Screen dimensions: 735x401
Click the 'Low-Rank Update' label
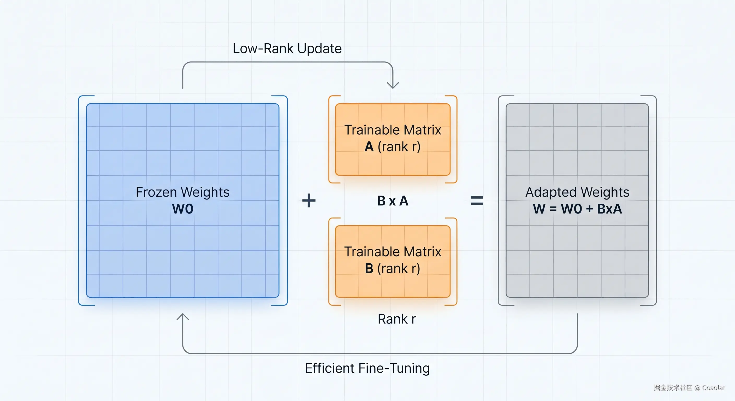click(287, 49)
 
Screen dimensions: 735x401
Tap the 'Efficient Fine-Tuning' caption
click(367, 368)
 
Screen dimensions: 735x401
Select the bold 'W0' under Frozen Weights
click(183, 209)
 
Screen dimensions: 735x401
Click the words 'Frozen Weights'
click(183, 192)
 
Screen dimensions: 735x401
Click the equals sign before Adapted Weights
click(477, 201)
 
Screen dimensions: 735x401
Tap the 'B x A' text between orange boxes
click(393, 201)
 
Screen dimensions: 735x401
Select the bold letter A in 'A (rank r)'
click(369, 147)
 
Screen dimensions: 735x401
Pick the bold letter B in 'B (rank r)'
click(369, 269)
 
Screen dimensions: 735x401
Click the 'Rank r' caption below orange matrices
click(397, 319)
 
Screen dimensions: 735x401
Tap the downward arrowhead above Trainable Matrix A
click(393, 85)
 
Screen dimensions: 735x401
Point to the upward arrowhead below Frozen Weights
click(183, 317)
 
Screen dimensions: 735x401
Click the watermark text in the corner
click(689, 387)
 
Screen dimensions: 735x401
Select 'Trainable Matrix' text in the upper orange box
click(393, 130)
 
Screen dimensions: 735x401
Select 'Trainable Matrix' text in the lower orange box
click(393, 252)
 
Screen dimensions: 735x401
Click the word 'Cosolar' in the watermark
click(714, 388)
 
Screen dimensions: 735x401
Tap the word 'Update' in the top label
click(319, 49)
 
